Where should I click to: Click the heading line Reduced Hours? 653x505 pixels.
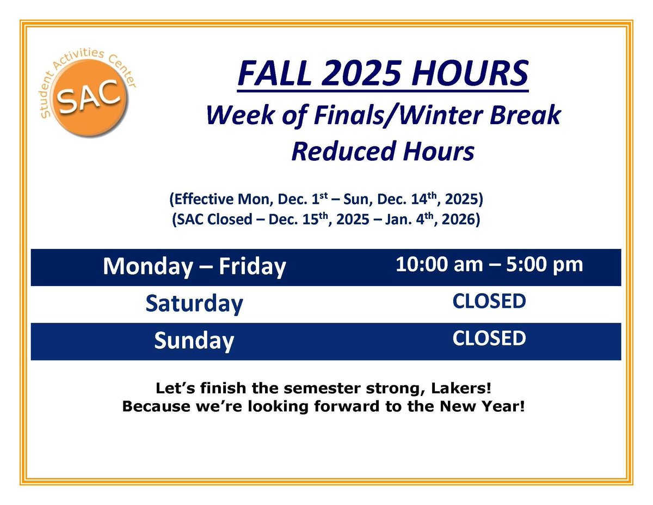tap(383, 151)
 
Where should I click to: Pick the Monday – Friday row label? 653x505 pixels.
tap(194, 267)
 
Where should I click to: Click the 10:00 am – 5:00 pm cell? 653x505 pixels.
tap(489, 265)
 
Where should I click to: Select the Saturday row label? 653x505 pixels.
tap(194, 304)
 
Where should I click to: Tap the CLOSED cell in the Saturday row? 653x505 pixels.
tap(489, 301)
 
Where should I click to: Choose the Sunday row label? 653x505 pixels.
tap(194, 341)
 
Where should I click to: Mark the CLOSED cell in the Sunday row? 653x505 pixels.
tap(489, 338)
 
